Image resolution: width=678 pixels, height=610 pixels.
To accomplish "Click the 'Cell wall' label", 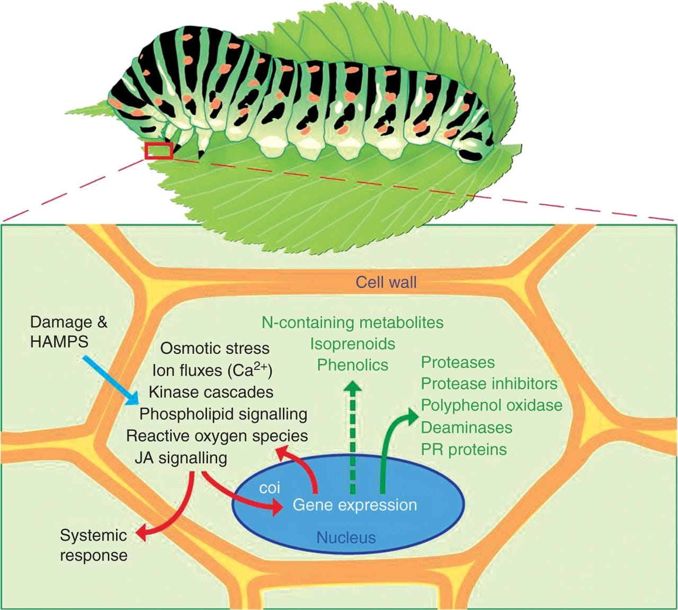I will pyautogui.click(x=386, y=282).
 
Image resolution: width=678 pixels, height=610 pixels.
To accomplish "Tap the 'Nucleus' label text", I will pyautogui.click(x=346, y=537).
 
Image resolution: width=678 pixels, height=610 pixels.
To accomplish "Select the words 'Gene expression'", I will pyautogui.click(x=354, y=504).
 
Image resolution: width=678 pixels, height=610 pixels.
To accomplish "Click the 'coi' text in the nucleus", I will pyautogui.click(x=270, y=487).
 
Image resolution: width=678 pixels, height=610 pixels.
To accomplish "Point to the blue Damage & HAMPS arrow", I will pyautogui.click(x=111, y=381).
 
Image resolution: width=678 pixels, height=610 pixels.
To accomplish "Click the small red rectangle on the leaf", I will pyautogui.click(x=159, y=151).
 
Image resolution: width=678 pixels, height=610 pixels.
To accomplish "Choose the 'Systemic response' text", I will pyautogui.click(x=93, y=545).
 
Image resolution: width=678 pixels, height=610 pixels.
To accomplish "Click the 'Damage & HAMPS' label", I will pyautogui.click(x=68, y=332).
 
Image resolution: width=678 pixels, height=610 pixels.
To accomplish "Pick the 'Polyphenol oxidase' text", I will pyautogui.click(x=491, y=405).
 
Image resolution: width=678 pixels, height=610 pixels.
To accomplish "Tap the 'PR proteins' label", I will pyautogui.click(x=463, y=449).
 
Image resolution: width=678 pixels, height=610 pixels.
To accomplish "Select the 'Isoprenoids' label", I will pyautogui.click(x=352, y=344).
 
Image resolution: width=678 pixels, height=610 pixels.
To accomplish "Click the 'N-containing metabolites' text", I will pyautogui.click(x=352, y=322).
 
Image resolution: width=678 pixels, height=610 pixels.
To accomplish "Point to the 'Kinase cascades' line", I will pyautogui.click(x=211, y=392).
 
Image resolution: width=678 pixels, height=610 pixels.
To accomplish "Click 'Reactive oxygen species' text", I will pyautogui.click(x=217, y=435).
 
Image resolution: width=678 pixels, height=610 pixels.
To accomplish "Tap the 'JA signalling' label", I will pyautogui.click(x=181, y=458).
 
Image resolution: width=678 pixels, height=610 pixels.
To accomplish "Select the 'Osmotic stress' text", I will pyautogui.click(x=215, y=348).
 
